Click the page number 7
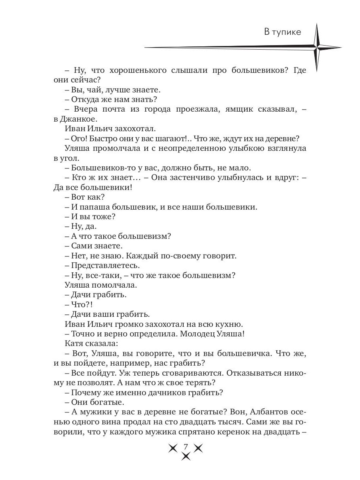185,446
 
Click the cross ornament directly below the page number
185,456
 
